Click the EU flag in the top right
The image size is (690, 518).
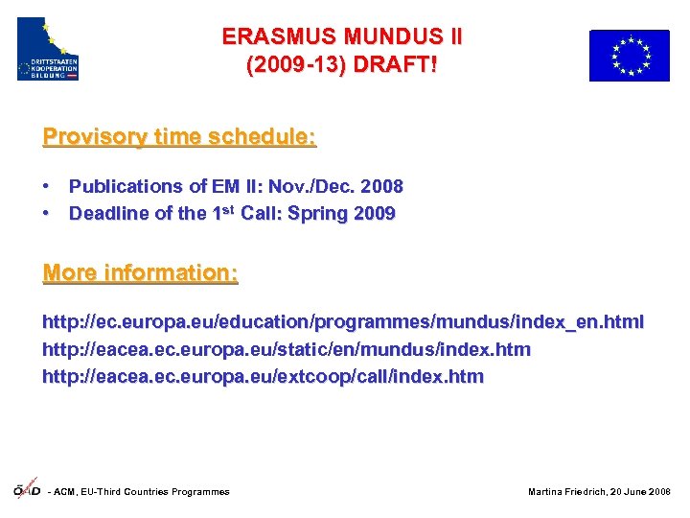(629, 56)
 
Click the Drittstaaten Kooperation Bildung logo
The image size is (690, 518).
(48, 49)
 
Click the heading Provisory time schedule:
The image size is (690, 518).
(179, 136)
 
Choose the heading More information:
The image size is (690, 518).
(140, 273)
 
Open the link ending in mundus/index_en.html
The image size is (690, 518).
(343, 322)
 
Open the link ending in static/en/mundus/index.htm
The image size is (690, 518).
(286, 349)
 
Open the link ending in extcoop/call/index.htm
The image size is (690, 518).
(263, 376)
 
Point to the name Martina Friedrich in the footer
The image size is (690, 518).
(564, 492)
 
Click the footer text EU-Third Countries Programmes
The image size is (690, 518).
(153, 492)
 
